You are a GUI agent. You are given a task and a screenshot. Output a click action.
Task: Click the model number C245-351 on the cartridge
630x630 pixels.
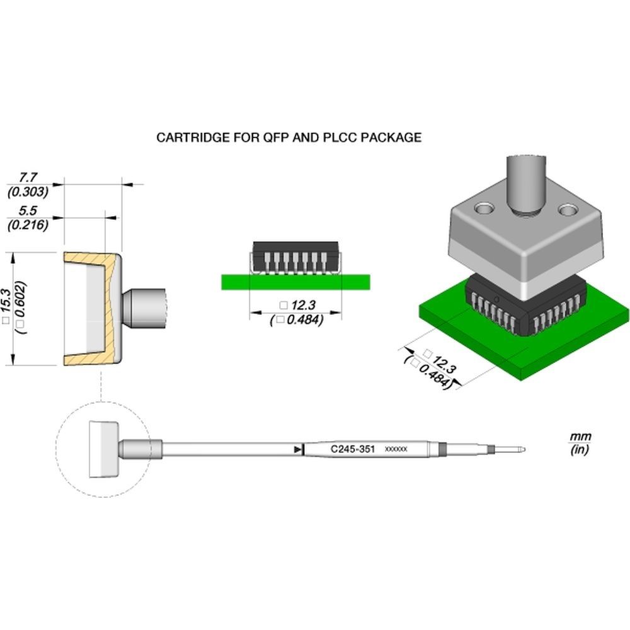click(x=353, y=449)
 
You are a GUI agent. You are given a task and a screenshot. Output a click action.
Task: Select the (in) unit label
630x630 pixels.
click(x=578, y=450)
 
